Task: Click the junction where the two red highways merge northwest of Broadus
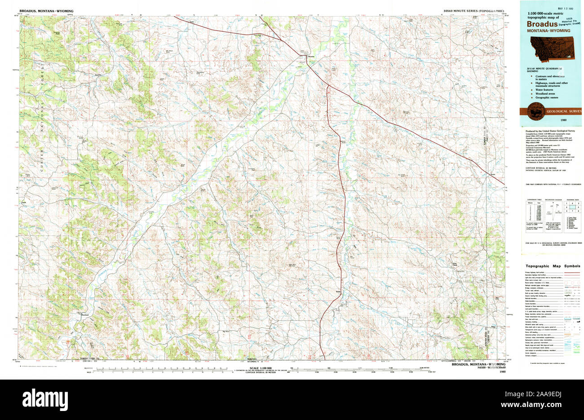click(282, 40)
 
